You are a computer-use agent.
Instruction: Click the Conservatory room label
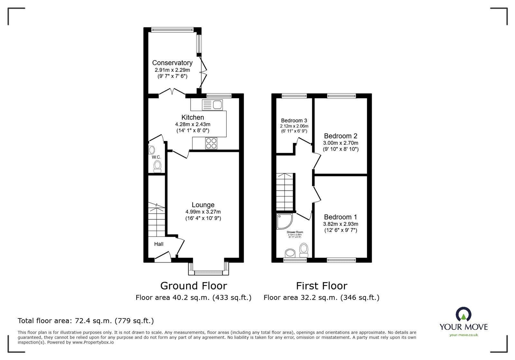coord(172,63)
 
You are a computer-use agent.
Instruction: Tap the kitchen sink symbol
coord(212,105)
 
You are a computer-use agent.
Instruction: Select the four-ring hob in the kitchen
coord(211,143)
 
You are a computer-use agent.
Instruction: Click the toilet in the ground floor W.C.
coord(157,166)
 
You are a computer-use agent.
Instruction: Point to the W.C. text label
coord(156,157)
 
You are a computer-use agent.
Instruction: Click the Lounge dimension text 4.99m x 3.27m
coord(203,212)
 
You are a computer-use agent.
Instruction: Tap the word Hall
coord(159,244)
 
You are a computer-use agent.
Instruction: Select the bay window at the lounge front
coord(209,272)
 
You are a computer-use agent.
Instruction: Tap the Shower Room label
coord(295,232)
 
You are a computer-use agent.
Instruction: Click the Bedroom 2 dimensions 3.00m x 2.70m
coord(341,143)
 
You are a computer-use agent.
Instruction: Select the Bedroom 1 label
coord(341,217)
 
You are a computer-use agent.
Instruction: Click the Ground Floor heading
coord(193,286)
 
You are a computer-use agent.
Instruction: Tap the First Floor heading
coord(322,286)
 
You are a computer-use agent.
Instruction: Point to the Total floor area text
coord(86,321)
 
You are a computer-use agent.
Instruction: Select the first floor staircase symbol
coord(285,191)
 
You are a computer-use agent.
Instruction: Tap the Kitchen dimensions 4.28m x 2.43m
coord(192,124)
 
